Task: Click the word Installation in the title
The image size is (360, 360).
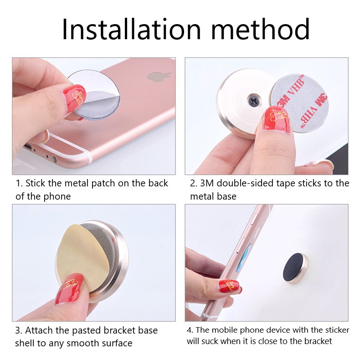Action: click(131, 29)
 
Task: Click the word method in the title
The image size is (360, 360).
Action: click(261, 29)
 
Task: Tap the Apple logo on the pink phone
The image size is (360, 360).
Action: click(159, 77)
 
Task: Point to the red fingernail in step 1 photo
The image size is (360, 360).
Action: click(74, 98)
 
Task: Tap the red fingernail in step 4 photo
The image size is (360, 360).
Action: click(230, 286)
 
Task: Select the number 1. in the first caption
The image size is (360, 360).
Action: click(19, 184)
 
